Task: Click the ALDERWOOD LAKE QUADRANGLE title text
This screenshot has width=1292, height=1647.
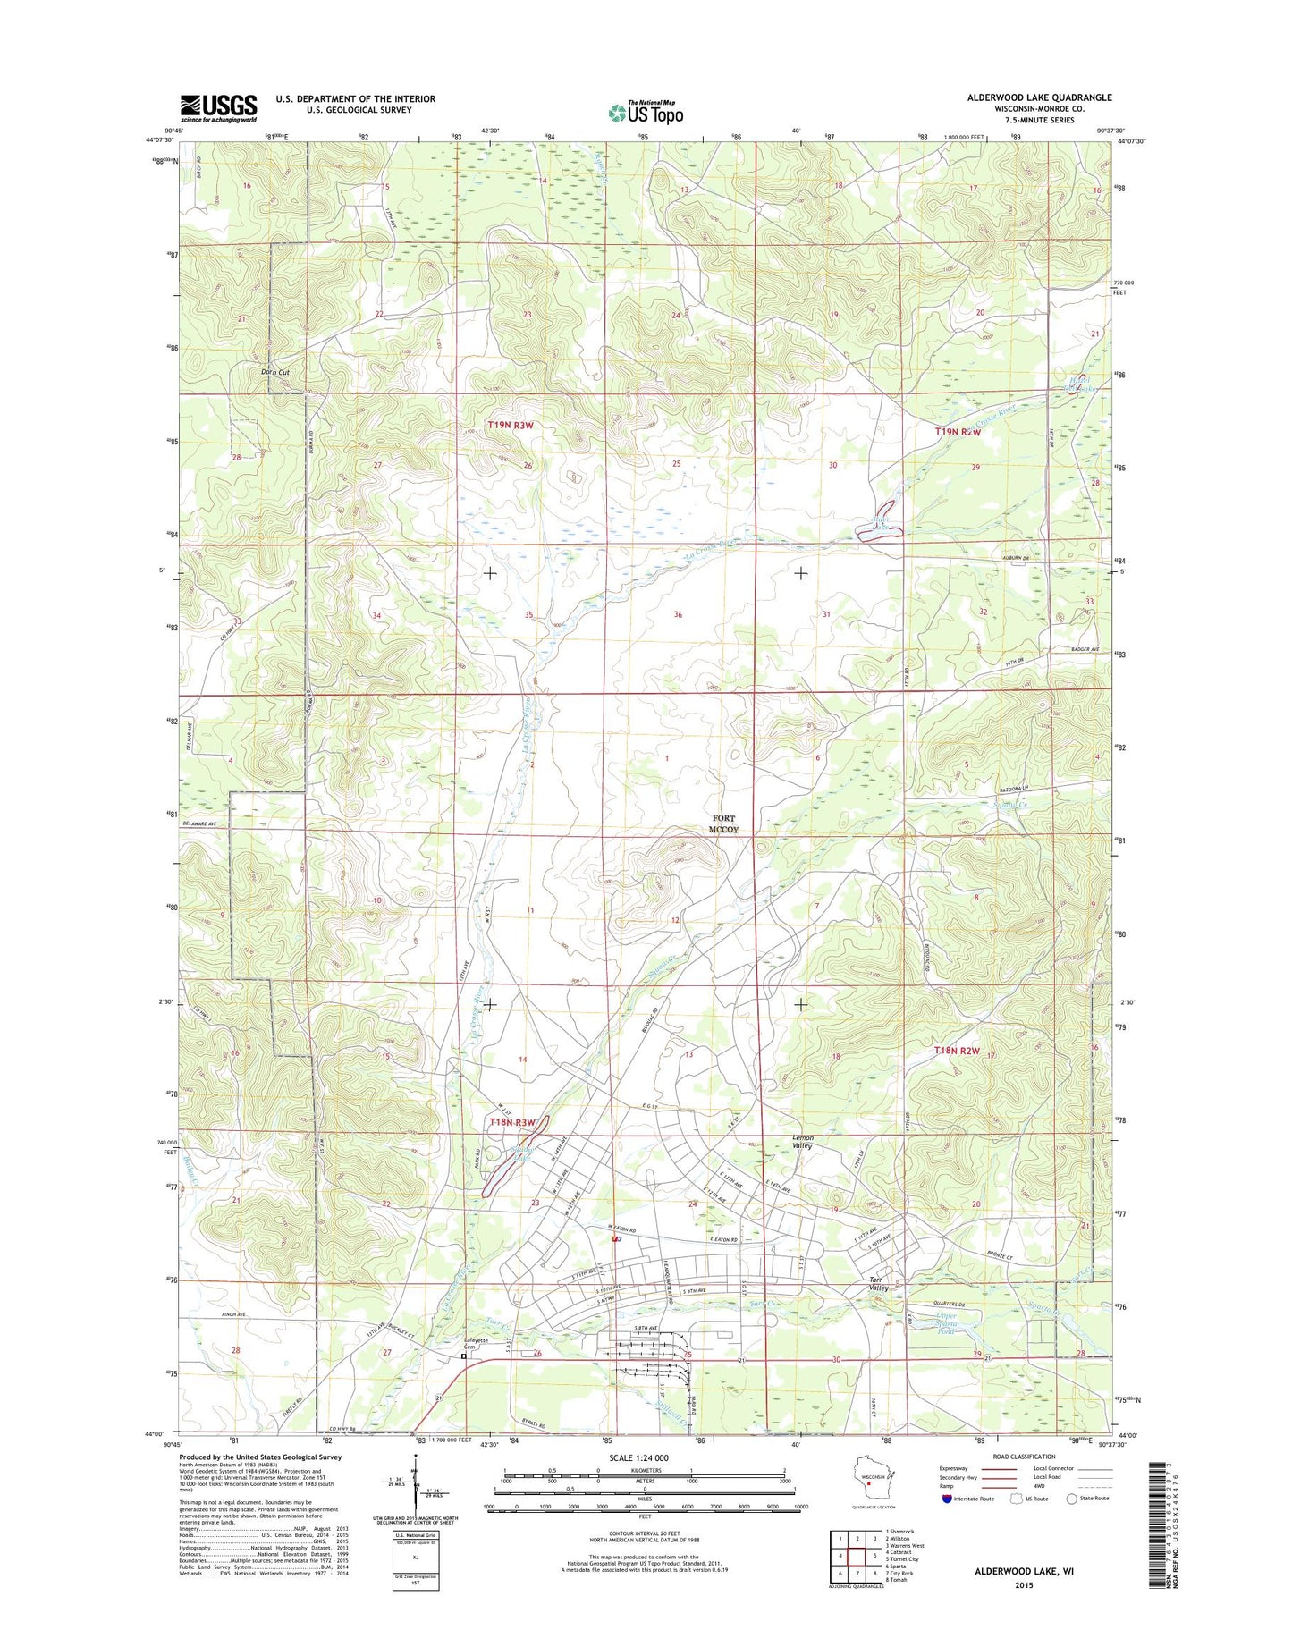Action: pos(1039,97)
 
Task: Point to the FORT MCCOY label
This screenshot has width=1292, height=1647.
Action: pos(724,823)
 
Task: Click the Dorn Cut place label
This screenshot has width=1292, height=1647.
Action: pos(274,372)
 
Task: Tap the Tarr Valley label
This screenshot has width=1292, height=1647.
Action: pos(879,1283)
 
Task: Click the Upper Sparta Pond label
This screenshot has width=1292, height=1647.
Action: pos(947,1323)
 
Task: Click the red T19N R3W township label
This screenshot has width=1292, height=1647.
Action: pos(511,426)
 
